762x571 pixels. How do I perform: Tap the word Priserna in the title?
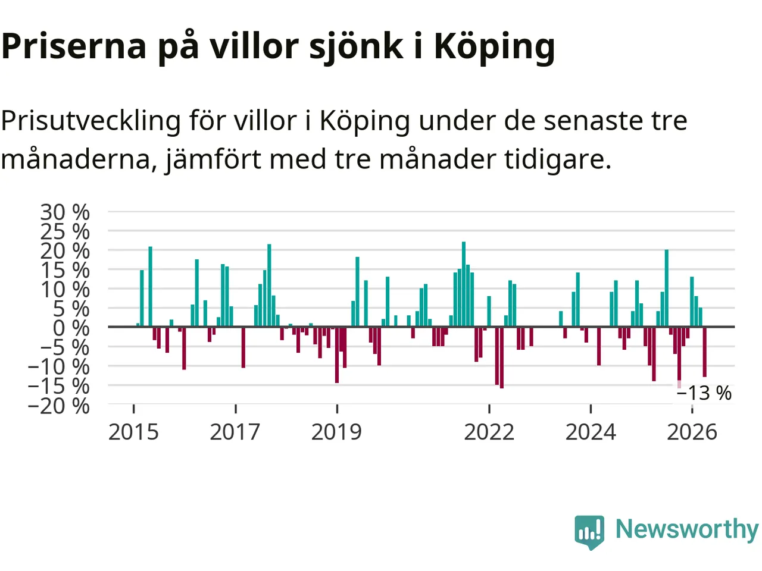pyautogui.click(x=74, y=47)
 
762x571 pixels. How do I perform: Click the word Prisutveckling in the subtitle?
pyautogui.click(x=91, y=122)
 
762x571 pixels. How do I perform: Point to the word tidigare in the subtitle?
pyautogui.click(x=557, y=161)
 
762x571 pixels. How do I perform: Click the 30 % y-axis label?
pyautogui.click(x=65, y=212)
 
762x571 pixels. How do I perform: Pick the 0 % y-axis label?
pyautogui.click(x=71, y=328)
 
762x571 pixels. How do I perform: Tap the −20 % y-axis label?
pyautogui.click(x=59, y=406)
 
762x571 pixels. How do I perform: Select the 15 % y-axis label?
pyautogui.click(x=65, y=270)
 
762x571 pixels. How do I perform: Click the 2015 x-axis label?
pyautogui.click(x=134, y=432)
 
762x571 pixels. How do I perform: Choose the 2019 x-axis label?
pyautogui.click(x=337, y=432)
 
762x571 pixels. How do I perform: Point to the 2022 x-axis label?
pyautogui.click(x=489, y=432)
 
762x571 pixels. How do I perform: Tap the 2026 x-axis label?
pyautogui.click(x=692, y=432)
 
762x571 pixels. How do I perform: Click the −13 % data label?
pyautogui.click(x=704, y=393)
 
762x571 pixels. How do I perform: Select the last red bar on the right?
pyautogui.click(x=705, y=352)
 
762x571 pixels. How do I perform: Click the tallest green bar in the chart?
pyautogui.click(x=464, y=284)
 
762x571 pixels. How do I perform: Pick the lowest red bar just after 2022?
pyautogui.click(x=502, y=357)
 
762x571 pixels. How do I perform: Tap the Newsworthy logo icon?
pyautogui.click(x=589, y=532)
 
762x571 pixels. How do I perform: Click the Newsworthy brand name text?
pyautogui.click(x=688, y=529)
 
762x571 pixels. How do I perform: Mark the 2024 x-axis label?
pyautogui.click(x=591, y=432)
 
